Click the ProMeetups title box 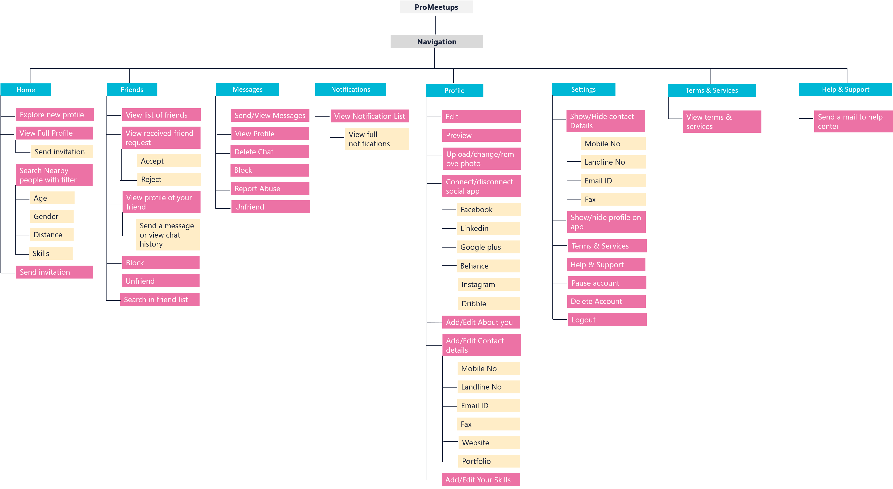tap(436, 7)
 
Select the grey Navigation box tap(436, 42)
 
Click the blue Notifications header tap(350, 89)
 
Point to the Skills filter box tap(51, 253)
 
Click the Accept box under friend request tap(169, 161)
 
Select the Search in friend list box tap(160, 299)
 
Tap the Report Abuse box tap(270, 189)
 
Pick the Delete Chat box tap(270, 152)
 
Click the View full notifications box tap(377, 139)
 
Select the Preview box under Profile tap(481, 135)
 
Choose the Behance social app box tap(488, 266)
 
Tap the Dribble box tap(489, 304)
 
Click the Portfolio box tap(489, 461)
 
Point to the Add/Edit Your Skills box tap(481, 480)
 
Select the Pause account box tap(607, 283)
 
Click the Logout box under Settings tap(607, 320)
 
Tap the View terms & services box tap(722, 121)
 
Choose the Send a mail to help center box tap(853, 121)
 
